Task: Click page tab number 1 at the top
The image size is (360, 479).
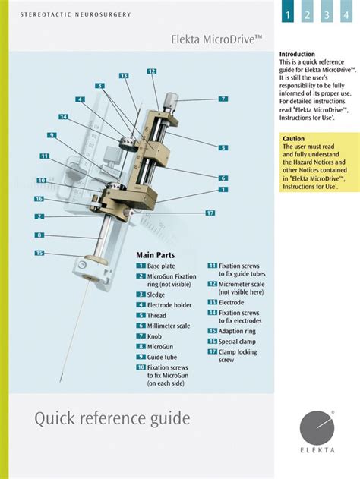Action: tap(289, 14)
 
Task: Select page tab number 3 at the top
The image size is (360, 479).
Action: tap(327, 14)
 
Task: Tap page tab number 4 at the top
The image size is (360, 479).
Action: tap(346, 14)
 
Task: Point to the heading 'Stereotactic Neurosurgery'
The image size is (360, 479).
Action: tap(75, 14)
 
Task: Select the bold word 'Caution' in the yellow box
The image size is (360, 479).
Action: tap(294, 139)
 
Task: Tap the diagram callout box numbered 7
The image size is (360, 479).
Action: tap(223, 99)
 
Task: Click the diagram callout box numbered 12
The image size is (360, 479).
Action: tap(152, 71)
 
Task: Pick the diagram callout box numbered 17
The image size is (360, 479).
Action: tap(210, 213)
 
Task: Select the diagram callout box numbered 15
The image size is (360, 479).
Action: tap(39, 253)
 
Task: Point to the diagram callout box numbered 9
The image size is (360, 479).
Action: tap(52, 135)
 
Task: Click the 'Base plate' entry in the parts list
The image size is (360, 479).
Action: tap(165, 266)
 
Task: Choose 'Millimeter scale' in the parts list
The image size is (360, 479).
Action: tap(175, 325)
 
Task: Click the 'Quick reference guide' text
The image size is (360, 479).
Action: tap(112, 418)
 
